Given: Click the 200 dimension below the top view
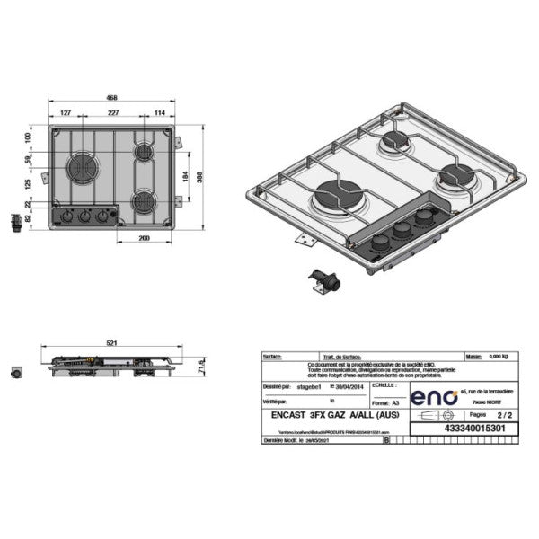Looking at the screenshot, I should [143, 238].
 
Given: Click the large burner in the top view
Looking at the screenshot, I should [83, 167].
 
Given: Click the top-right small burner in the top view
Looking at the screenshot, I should [144, 153].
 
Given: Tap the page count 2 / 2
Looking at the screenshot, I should [504, 416].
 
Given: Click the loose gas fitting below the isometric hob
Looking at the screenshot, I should [322, 282].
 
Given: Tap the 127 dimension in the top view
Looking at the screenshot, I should [66, 113].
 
